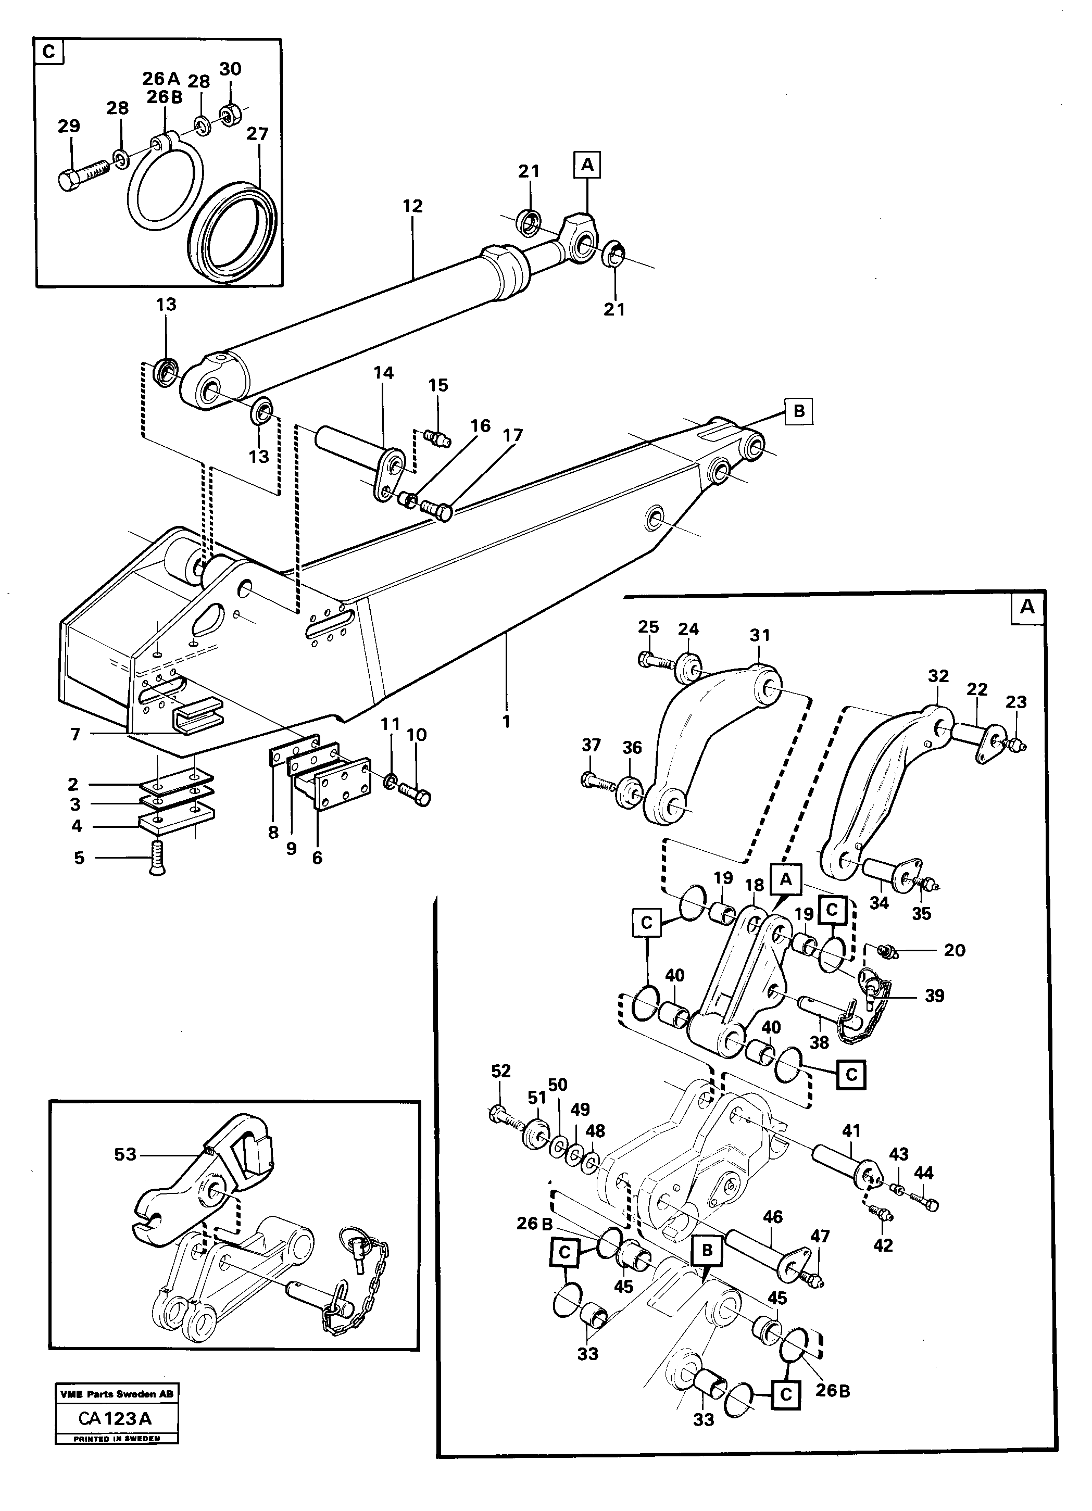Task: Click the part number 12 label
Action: coord(412,207)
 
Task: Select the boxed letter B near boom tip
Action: coord(799,412)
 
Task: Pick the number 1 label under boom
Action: coord(506,722)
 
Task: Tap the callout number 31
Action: coord(760,636)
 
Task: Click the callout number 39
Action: coord(935,996)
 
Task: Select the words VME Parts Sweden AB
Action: coord(117,1394)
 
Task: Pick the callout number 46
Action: coord(773,1217)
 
